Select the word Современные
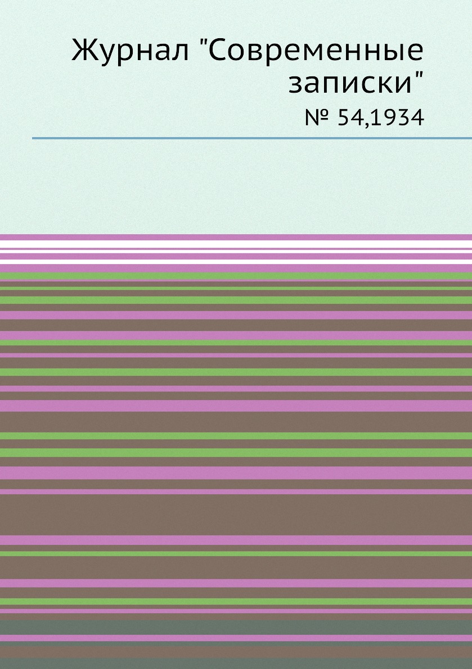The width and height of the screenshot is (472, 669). [316, 51]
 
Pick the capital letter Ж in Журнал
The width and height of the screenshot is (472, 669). [86, 51]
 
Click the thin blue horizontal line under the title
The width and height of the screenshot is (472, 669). [252, 138]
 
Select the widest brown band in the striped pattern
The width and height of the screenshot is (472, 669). [236, 515]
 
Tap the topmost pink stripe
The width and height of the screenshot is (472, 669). [236, 237]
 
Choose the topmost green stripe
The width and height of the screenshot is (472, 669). [236, 276]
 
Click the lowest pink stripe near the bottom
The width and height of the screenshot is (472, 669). [236, 638]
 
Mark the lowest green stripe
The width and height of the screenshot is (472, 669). [236, 601]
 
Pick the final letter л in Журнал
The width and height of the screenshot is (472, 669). [179, 54]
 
